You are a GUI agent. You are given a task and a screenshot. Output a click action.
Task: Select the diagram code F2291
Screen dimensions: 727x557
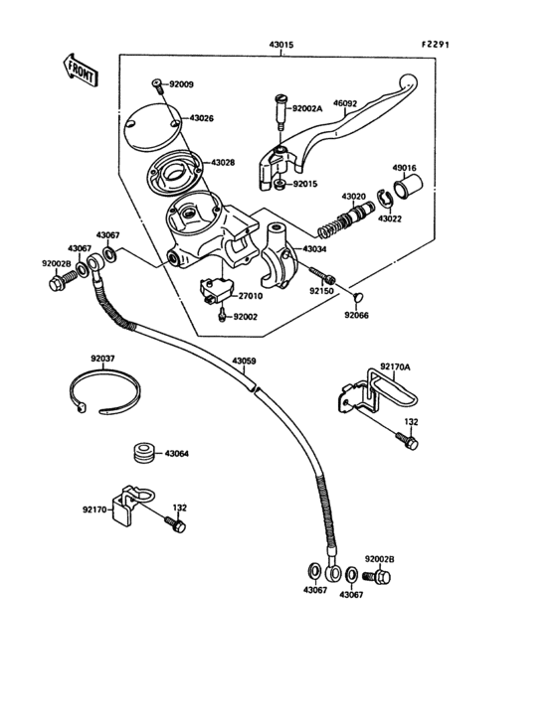pyautogui.click(x=437, y=44)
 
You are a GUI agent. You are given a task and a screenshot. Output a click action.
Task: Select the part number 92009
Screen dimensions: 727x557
pyautogui.click(x=182, y=84)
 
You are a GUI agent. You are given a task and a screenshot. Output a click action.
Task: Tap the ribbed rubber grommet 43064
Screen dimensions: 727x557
pyautogui.click(x=143, y=454)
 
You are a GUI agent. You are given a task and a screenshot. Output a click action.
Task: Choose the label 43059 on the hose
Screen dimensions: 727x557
pyautogui.click(x=245, y=361)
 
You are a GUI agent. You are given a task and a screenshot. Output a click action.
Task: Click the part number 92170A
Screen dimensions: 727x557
pyautogui.click(x=395, y=365)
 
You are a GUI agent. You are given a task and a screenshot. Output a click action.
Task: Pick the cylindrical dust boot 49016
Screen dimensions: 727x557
pyautogui.click(x=411, y=188)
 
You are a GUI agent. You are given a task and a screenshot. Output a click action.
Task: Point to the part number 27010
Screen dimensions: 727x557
pyautogui.click(x=250, y=295)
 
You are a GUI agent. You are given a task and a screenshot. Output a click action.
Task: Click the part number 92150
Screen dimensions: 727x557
pyautogui.click(x=321, y=292)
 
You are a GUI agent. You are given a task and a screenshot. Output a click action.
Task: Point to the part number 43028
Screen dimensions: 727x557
pyautogui.click(x=225, y=162)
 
